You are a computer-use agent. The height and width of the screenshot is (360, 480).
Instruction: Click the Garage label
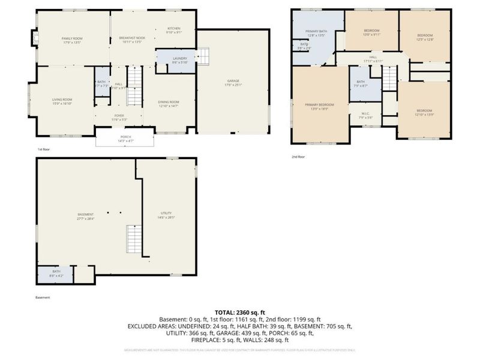pyautogui.click(x=233, y=82)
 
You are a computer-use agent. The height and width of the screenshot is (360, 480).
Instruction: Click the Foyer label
pyautogui.click(x=119, y=117)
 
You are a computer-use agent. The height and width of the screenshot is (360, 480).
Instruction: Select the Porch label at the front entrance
pyautogui.click(x=126, y=138)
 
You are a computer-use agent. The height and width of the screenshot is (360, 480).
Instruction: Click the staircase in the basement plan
pyautogui.click(x=134, y=239)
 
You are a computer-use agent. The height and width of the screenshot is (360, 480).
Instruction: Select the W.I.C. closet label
pyautogui.click(x=365, y=115)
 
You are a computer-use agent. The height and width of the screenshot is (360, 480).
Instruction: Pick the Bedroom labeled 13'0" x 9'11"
pyautogui.click(x=371, y=32)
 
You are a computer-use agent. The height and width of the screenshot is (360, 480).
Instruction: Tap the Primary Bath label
pyautogui.click(x=315, y=33)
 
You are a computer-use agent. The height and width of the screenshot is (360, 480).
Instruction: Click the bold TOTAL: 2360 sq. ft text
pyautogui.click(x=239, y=312)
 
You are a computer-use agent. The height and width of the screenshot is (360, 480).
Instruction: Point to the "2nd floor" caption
pyautogui.click(x=298, y=157)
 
